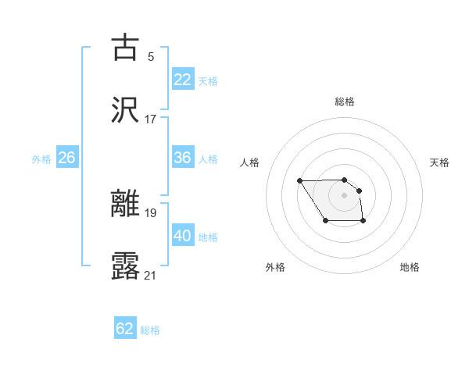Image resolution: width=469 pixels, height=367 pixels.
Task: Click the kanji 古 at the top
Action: (125, 48)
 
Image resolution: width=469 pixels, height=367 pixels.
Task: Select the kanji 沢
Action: (125, 110)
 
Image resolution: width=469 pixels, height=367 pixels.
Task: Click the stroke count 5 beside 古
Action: (151, 56)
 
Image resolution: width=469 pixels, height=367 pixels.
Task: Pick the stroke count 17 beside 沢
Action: (151, 119)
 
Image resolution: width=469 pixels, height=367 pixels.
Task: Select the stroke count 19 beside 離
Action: (151, 212)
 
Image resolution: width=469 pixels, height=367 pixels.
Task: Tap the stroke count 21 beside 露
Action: (151, 275)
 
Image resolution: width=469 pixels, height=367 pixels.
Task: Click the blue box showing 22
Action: (183, 79)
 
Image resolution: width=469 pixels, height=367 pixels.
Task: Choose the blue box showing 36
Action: (183, 158)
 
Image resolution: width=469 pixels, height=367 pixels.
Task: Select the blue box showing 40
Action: (183, 236)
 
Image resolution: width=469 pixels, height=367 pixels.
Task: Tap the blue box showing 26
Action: (66, 158)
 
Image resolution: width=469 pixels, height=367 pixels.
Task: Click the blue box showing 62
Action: (125, 329)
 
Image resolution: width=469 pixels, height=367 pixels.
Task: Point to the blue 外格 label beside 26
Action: (41, 159)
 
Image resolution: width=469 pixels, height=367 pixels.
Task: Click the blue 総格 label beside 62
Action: (150, 330)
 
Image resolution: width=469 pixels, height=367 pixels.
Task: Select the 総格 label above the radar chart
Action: (345, 102)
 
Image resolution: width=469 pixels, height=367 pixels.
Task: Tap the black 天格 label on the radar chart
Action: (439, 162)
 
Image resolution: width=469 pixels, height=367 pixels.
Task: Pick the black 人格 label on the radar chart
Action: (250, 162)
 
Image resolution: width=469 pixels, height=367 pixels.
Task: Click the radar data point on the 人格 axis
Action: (300, 181)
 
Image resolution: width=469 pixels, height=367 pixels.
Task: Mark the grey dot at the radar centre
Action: (345, 194)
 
